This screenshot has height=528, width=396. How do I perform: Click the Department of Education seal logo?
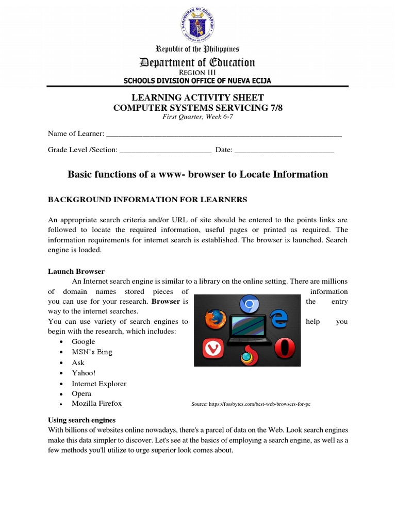198,25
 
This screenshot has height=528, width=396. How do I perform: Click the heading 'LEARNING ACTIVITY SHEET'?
198,97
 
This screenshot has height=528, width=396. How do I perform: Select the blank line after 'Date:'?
285,151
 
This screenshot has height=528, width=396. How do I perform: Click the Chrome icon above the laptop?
250,305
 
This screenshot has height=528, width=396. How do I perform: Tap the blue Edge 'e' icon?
279,319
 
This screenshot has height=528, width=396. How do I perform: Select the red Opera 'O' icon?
283,349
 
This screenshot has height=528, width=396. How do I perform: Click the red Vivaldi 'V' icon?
212,349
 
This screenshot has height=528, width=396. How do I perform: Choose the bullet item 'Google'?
83,341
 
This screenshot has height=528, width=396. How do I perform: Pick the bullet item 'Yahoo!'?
83,373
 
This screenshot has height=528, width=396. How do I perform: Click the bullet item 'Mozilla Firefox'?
96,403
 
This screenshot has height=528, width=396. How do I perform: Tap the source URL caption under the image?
251,404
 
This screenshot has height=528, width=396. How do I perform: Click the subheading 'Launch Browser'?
76,271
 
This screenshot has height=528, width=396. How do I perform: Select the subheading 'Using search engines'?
81,420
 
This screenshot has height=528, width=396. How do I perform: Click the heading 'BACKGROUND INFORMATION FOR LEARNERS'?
147,200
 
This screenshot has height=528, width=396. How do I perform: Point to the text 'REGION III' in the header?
198,73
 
